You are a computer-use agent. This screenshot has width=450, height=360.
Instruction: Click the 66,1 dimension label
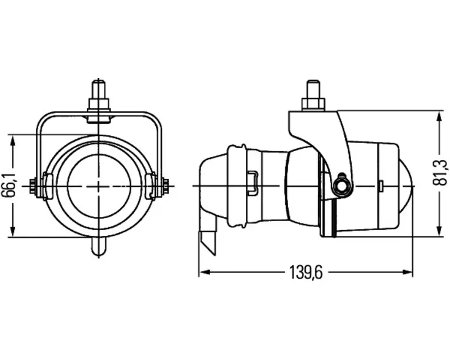[12, 186]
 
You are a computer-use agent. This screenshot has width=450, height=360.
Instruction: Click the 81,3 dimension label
[440, 172]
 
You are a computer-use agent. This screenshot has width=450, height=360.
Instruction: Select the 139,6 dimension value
[306, 272]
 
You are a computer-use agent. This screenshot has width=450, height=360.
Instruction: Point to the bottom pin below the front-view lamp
[99, 246]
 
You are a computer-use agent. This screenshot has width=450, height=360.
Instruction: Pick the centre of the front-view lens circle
[99, 186]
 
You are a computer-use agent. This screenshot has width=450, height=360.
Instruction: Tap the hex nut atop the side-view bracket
[313, 104]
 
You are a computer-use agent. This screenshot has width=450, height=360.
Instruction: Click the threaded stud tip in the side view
[313, 89]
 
